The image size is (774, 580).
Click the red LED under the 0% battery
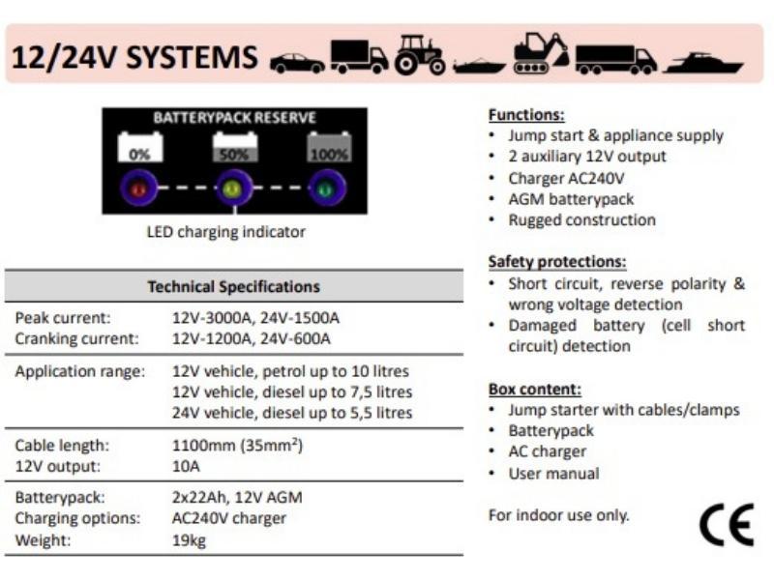(x=138, y=188)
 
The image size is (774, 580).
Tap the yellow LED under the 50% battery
(x=233, y=188)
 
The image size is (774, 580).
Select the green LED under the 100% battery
(x=326, y=188)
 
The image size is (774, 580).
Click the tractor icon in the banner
(x=420, y=54)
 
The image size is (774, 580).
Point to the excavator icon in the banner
(x=541, y=53)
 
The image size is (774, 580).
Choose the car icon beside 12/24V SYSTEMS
(x=297, y=64)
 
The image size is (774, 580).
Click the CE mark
(x=727, y=525)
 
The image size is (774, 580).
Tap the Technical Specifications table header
(x=234, y=286)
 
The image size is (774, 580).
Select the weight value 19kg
(x=189, y=540)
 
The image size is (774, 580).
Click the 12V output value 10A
(x=186, y=466)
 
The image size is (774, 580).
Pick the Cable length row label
(x=62, y=446)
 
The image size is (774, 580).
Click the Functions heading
(x=526, y=115)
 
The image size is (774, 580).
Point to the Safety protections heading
(x=557, y=262)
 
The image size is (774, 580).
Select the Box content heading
(x=535, y=390)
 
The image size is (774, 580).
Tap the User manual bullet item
(x=553, y=474)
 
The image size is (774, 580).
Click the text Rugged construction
(x=582, y=220)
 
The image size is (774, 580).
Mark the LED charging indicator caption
(x=226, y=232)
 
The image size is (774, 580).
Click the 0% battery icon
(x=139, y=147)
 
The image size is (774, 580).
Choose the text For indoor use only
(x=559, y=515)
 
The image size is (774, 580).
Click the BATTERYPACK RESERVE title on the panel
(x=234, y=118)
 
